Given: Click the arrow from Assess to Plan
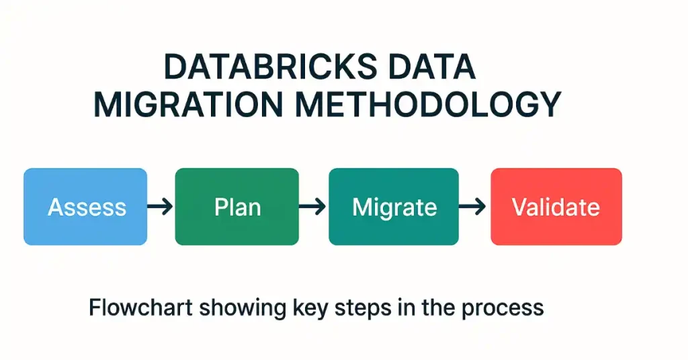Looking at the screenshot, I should (161, 207).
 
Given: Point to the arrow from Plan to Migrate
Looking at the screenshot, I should (312, 207).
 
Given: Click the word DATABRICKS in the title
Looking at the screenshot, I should (265, 69).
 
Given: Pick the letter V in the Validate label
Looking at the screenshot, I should (519, 207).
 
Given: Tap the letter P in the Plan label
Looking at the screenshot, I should (220, 207).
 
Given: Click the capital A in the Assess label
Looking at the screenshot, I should (55, 207).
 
